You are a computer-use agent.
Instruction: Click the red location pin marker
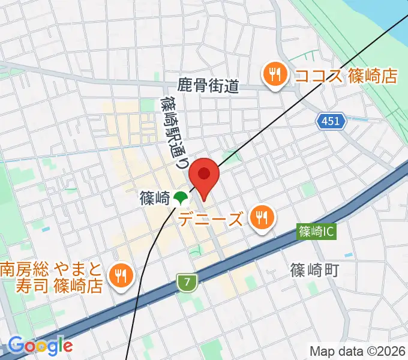tap(204, 175)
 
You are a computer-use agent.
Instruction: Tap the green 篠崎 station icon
tap(179, 197)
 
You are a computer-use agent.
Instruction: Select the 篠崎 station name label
tap(154, 197)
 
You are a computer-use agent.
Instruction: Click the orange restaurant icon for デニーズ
tap(262, 217)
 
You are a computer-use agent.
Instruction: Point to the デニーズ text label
tap(212, 218)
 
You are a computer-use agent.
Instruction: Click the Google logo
tap(41, 345)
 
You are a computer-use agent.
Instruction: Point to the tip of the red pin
tap(204, 201)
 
